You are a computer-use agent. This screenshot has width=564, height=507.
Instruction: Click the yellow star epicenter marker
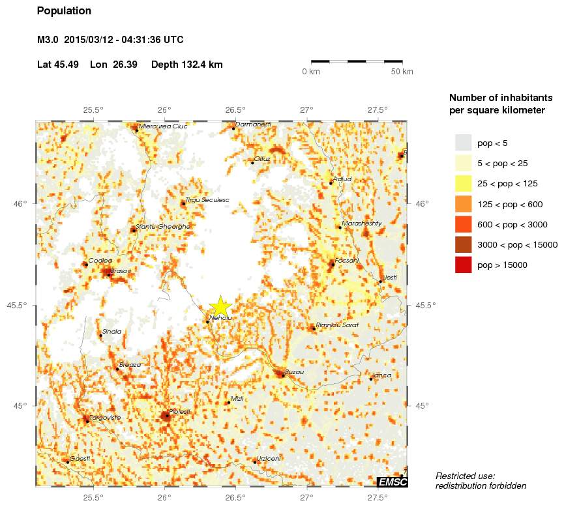pos(221,306)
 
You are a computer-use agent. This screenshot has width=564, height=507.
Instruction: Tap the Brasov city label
pos(121,270)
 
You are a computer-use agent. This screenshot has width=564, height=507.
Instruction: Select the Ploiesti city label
pos(179,411)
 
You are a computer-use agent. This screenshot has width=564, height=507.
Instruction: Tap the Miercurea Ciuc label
pos(163,126)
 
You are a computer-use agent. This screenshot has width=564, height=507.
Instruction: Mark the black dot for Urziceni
pos(254,462)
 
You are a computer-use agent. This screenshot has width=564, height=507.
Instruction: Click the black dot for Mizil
pos(228,403)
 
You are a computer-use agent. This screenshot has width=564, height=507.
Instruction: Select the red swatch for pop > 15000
pos(463,265)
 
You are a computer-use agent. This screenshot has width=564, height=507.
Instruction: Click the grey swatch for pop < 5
pos(463,143)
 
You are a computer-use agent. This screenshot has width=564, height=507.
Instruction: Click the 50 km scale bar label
pos(402,72)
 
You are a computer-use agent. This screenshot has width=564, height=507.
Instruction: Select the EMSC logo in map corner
pos(393,482)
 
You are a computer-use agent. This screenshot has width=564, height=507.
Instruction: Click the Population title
pos(65,11)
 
